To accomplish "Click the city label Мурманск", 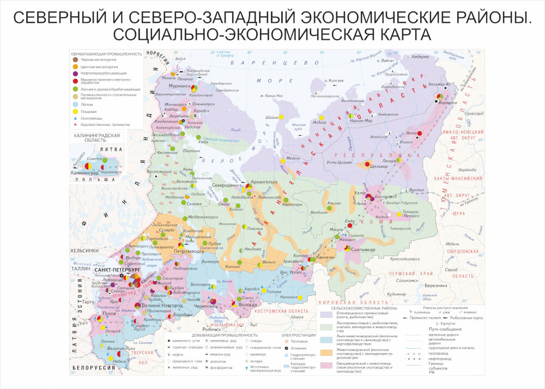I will pos(179,87).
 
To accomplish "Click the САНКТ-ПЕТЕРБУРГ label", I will pos(118,270).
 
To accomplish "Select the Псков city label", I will pos(109,314).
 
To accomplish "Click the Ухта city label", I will pos(359,193).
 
